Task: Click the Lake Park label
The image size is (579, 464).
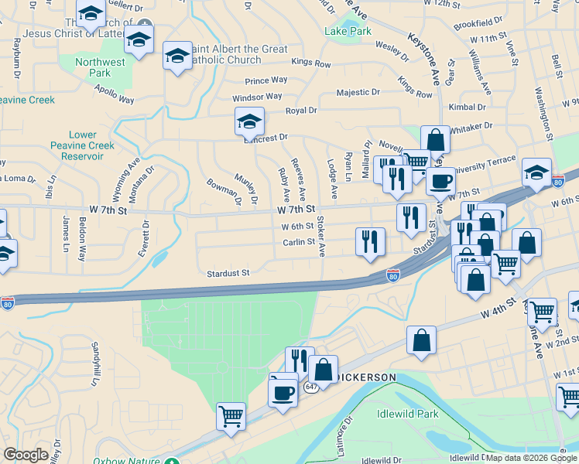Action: pyautogui.click(x=348, y=32)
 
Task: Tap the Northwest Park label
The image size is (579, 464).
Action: pyautogui.click(x=101, y=68)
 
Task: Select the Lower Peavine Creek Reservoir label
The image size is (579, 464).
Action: pyautogui.click(x=82, y=145)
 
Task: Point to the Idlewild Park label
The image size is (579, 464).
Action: pyautogui.click(x=407, y=414)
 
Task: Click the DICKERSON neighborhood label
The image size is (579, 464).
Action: pyautogui.click(x=368, y=377)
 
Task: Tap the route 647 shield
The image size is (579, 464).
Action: pyautogui.click(x=310, y=387)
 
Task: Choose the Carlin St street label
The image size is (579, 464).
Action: pyautogui.click(x=299, y=241)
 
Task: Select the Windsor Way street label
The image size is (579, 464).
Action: pyautogui.click(x=257, y=97)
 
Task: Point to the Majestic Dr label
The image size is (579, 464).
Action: pyautogui.click(x=358, y=92)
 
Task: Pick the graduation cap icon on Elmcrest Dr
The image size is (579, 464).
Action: pyautogui.click(x=249, y=121)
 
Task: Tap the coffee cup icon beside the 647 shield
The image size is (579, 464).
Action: pyautogui.click(x=283, y=391)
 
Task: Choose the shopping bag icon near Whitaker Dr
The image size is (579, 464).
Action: pyautogui.click(x=435, y=140)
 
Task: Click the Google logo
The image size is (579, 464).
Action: pyautogui.click(x=26, y=455)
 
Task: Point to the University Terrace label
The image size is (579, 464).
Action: pyautogui.click(x=483, y=163)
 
